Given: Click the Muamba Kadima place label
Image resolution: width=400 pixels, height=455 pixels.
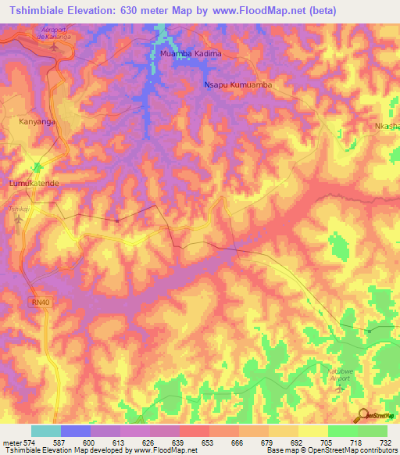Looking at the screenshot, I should tap(191, 54).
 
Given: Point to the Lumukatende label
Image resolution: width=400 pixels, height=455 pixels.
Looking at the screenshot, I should tap(34, 182).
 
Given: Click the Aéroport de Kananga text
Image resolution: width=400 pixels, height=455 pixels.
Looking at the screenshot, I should tap(54, 32).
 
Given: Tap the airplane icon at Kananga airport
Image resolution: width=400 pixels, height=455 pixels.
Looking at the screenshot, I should tap(54, 46).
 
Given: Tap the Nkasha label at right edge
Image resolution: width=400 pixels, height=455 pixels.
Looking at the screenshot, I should tap(386, 127).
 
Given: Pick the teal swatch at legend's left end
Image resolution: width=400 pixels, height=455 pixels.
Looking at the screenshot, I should tap(46, 431).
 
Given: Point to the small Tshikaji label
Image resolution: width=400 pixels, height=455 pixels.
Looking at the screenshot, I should tap(17, 210).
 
